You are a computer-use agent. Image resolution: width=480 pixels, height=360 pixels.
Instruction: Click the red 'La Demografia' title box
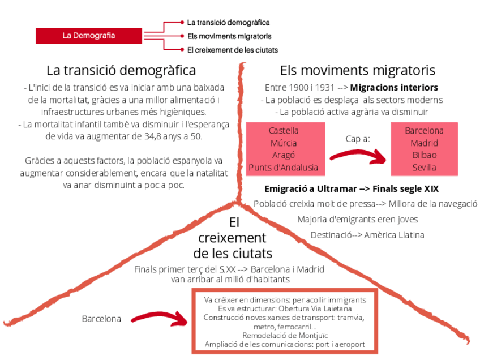(x=88, y=36)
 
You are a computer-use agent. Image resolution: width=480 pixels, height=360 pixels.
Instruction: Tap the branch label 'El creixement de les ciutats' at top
(x=232, y=50)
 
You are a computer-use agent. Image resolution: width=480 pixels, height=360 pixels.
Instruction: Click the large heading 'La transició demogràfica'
(x=121, y=71)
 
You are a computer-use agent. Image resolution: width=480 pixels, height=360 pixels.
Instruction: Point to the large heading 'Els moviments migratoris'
(x=358, y=71)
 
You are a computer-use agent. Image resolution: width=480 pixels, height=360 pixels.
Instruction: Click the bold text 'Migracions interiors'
(x=394, y=88)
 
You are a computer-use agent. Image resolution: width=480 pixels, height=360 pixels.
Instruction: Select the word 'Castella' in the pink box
(x=284, y=131)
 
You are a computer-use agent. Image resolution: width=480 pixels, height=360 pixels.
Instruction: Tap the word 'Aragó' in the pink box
(x=284, y=155)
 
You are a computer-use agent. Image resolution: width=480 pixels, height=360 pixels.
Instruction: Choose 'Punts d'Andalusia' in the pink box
(x=284, y=168)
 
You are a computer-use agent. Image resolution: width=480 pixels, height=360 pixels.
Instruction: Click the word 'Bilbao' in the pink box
(x=424, y=155)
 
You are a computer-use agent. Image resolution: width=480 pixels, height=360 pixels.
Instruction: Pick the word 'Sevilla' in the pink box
(x=424, y=168)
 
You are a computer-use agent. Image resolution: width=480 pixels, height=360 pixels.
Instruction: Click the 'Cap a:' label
(x=358, y=138)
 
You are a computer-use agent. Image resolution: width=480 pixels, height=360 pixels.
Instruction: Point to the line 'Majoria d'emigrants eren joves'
(x=357, y=219)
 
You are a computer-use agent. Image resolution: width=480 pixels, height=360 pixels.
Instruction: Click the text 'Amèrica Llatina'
(x=395, y=234)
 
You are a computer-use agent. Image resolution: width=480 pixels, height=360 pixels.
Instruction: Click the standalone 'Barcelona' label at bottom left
(x=101, y=319)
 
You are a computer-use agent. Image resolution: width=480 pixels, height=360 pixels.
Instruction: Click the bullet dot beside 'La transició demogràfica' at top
(x=182, y=23)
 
